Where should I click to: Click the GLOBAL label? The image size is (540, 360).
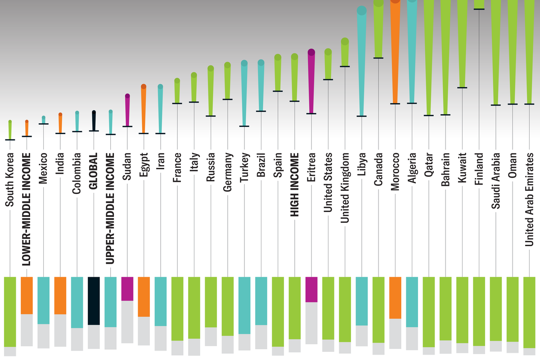click(x=94, y=166)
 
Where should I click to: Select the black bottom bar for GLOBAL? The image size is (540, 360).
click(x=94, y=301)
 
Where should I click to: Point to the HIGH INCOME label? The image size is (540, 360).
click(x=295, y=185)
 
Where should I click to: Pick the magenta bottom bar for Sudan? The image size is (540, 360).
click(x=127, y=288)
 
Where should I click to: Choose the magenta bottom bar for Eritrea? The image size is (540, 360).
click(x=311, y=289)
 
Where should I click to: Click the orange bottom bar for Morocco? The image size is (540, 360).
click(x=395, y=297)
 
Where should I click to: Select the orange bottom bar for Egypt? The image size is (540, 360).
click(x=144, y=297)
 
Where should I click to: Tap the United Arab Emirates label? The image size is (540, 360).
click(x=530, y=199)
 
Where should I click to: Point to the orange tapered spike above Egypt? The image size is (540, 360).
click(x=144, y=108)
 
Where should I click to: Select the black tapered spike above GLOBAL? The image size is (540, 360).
click(x=94, y=121)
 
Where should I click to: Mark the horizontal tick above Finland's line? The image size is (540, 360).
click(x=479, y=9)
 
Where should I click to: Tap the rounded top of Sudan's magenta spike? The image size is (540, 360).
click(x=127, y=96)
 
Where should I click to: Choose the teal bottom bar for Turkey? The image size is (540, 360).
click(x=244, y=305)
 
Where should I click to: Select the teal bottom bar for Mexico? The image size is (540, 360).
click(x=44, y=300)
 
